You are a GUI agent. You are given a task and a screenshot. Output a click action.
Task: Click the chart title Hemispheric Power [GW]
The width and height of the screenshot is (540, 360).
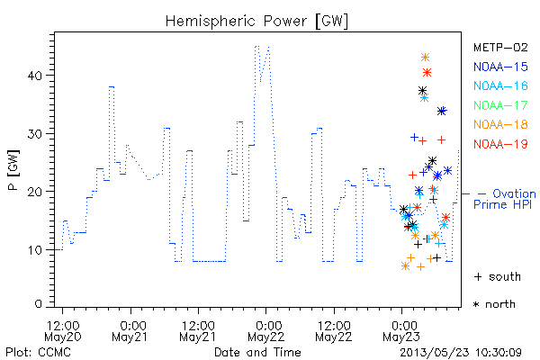click(256, 21)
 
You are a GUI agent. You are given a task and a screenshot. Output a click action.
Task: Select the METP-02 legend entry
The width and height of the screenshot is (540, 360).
click(500, 47)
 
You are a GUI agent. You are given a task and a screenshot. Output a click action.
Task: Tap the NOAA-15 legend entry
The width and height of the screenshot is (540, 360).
click(500, 67)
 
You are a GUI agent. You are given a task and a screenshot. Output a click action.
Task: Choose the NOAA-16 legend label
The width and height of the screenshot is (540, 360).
click(500, 85)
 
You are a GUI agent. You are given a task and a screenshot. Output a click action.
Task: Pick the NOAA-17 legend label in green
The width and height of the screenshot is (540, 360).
click(500, 105)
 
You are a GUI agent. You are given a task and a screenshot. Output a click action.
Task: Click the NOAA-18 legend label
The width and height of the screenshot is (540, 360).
click(500, 124)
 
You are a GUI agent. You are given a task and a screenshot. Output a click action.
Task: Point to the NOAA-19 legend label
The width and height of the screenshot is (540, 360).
click(500, 144)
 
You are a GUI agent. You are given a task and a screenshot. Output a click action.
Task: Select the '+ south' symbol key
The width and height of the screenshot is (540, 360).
click(498, 276)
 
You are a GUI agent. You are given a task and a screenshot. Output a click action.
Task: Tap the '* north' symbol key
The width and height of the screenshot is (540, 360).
click(494, 304)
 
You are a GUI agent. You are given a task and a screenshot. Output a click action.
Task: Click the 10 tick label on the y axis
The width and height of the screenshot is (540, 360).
click(35, 250)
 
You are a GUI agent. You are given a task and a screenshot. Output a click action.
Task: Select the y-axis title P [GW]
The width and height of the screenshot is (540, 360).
click(14, 170)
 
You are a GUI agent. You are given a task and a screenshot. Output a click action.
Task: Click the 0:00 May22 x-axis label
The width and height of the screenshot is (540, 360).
click(265, 331)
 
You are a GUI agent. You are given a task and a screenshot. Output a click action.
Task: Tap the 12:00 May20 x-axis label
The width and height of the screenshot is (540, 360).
click(63, 331)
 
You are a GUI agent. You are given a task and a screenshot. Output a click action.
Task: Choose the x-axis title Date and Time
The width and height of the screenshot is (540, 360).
click(257, 353)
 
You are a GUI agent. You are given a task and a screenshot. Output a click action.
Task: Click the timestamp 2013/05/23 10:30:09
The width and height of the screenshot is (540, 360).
click(461, 353)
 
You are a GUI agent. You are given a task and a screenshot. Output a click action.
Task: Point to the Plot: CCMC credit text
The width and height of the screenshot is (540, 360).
click(38, 353)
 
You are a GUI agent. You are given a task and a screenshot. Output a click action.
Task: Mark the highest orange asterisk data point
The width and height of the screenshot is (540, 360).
click(426, 58)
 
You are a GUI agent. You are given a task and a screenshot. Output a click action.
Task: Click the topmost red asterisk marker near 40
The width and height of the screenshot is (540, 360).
click(427, 72)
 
